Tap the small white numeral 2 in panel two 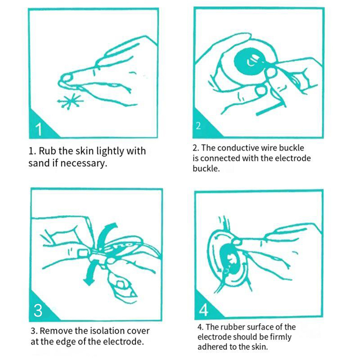coord(198,126)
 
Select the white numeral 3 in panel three coord(38,310)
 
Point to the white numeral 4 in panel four coord(203,310)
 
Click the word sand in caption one coord(39,163)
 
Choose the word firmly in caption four coord(281,337)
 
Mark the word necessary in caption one coord(84,163)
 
